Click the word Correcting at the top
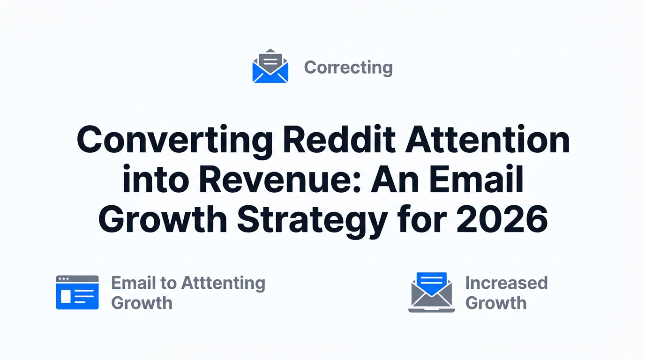348,68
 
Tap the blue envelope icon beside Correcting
270,67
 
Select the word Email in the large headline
477,180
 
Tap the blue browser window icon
77,292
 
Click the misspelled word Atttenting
223,283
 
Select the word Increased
506,283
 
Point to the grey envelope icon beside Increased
431,295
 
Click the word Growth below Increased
496,303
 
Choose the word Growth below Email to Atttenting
142,303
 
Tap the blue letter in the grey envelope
432,281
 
